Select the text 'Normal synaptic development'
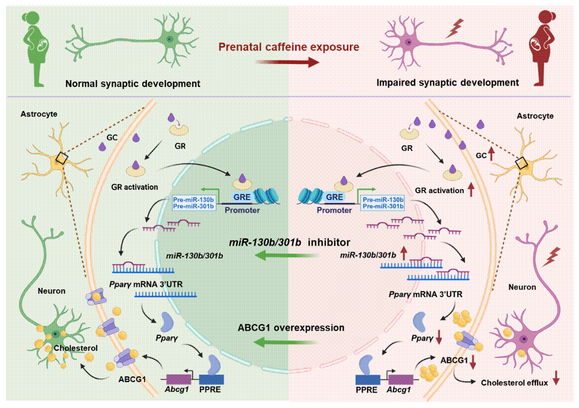click(133, 83)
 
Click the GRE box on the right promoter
click(334, 197)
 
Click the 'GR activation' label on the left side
click(135, 187)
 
